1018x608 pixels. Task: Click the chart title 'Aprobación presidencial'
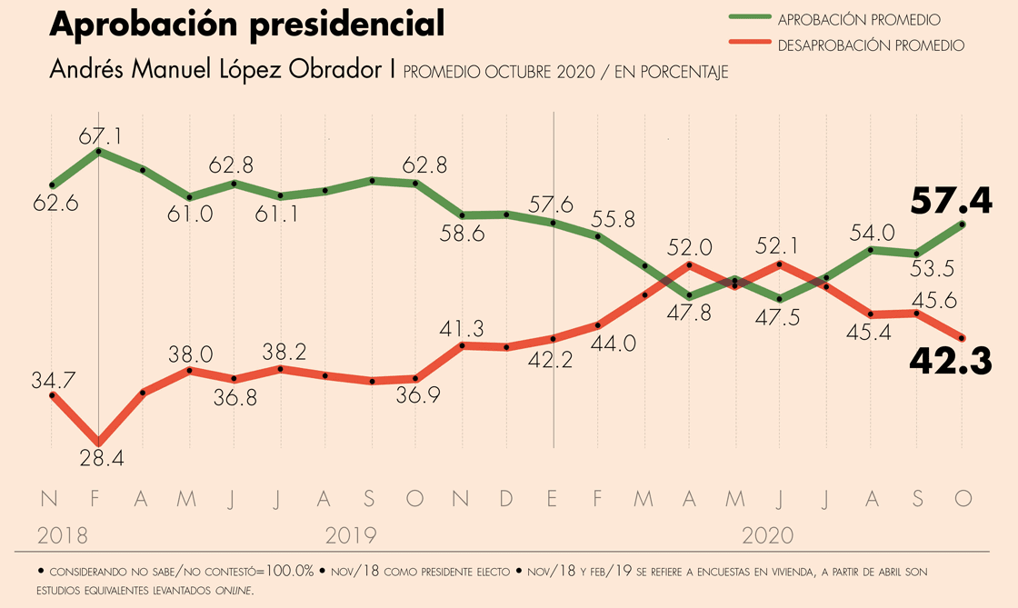[x=247, y=25]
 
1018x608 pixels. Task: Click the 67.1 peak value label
[x=100, y=137]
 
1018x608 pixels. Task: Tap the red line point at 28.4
[x=98, y=440]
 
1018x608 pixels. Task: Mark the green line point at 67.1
[x=98, y=151]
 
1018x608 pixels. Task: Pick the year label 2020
[x=768, y=534]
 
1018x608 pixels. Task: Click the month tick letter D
[x=507, y=499]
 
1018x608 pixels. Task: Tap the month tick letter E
[x=554, y=499]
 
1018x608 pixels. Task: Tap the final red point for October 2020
[x=963, y=338]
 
